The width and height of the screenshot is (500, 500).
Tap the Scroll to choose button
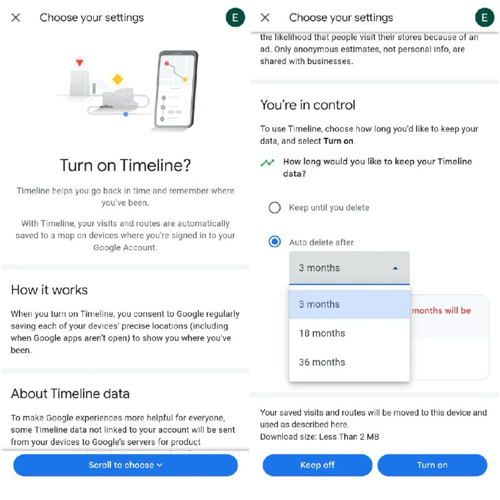pos(125,465)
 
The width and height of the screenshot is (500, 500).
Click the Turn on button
pos(432,465)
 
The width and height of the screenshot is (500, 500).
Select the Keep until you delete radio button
pos(274,207)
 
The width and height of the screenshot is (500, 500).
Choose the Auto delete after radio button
pos(274,242)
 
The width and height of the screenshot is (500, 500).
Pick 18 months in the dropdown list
pos(322,333)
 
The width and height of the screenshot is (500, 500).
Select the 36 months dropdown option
pos(322,362)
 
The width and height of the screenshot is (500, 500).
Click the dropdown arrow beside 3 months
pos(395,268)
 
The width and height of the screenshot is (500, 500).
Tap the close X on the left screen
pos(16,17)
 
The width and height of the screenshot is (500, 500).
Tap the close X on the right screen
pos(265,17)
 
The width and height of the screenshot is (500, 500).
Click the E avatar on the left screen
pos(235,17)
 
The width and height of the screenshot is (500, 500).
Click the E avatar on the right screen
pos(484,17)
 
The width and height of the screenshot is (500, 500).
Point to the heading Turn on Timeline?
pos(125,166)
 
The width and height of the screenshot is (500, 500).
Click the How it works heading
pos(49,290)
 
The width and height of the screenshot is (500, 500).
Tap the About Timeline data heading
pos(70,394)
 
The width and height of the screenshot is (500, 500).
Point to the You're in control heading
pos(307,105)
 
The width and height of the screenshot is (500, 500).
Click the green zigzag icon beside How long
pos(267,162)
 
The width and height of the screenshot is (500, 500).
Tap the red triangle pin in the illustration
pos(79,63)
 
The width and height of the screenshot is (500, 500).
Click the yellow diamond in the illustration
pos(117,79)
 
